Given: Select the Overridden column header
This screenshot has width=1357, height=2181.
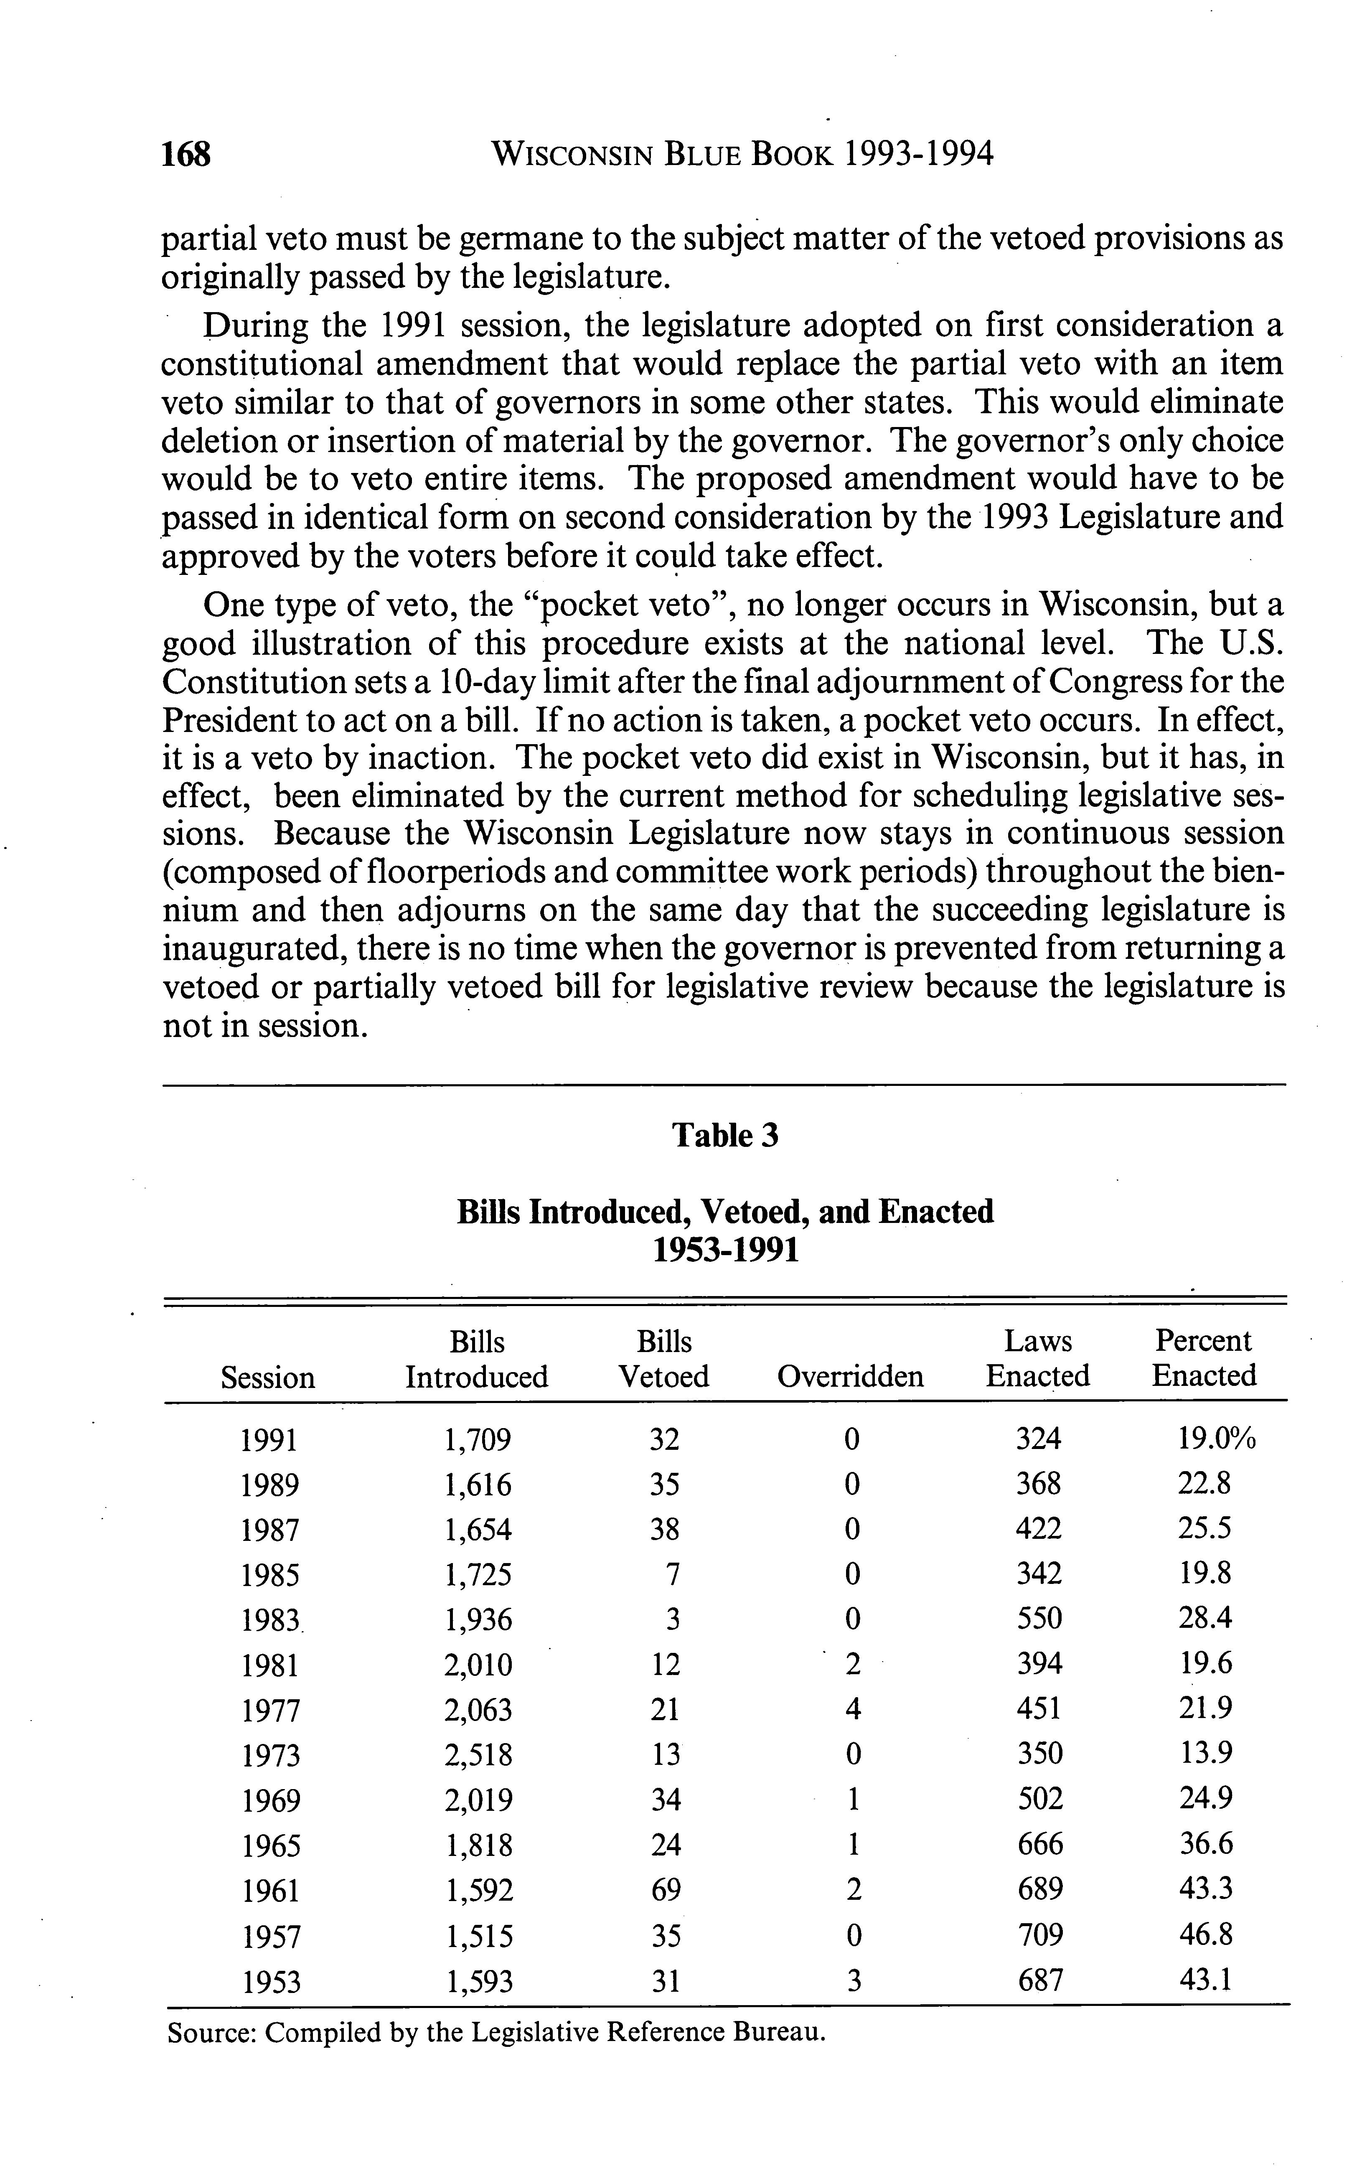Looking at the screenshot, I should [850, 1376].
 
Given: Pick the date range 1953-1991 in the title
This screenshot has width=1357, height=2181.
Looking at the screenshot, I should [725, 1249].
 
